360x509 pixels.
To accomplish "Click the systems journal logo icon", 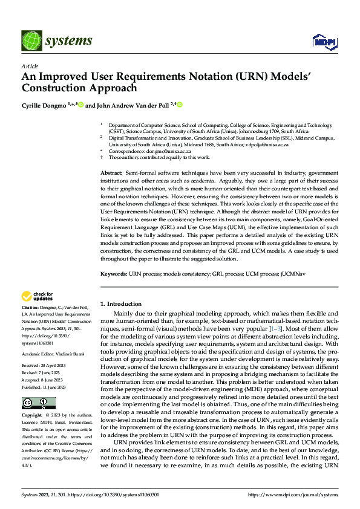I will pos(30,41).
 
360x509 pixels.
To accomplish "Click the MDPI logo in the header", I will pos(324,41).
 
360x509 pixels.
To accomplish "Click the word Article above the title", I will pos(30,66).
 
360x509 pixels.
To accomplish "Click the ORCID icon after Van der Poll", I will pos(180,105).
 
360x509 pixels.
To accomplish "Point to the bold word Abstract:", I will pos(113,173).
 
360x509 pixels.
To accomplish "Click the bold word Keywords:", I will pos(114,274).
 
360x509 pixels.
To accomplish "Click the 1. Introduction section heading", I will pos(121,304).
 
